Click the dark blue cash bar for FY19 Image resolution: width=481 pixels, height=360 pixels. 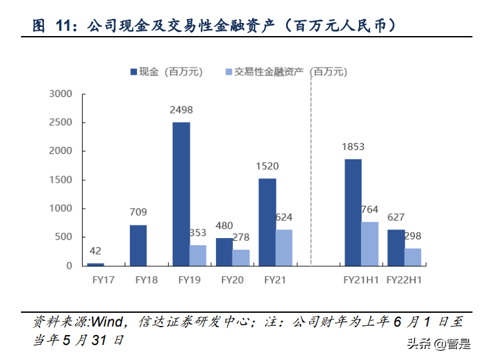tap(181, 193)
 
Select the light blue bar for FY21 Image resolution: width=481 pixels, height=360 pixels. tap(284, 247)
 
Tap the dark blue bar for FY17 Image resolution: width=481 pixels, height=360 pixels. tap(96, 264)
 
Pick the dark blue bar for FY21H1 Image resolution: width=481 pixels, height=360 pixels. tap(352, 212)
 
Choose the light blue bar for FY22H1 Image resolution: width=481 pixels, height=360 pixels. tap(413, 257)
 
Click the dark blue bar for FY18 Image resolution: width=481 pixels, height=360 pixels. tap(138, 245)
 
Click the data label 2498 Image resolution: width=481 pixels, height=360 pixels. tap(181, 110)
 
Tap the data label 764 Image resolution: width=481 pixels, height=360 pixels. tap(369, 209)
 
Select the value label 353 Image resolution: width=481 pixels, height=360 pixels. tap(198, 233)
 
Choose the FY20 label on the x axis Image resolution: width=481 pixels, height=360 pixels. tap(233, 279)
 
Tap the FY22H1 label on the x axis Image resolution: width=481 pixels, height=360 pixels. tap(404, 279)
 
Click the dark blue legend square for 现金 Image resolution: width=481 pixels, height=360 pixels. tap(134, 71)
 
